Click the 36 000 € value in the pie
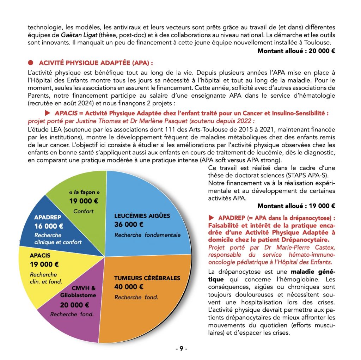(129, 224)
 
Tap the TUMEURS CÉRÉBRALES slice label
(147, 278)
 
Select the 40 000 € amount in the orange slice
(129, 287)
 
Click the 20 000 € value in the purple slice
(74, 305)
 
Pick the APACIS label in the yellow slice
(40, 255)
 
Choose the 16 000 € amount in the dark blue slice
(49, 226)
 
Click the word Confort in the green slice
(84, 211)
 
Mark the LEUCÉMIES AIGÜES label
(142, 215)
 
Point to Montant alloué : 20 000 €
(296, 51)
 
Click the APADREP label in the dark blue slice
(48, 218)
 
